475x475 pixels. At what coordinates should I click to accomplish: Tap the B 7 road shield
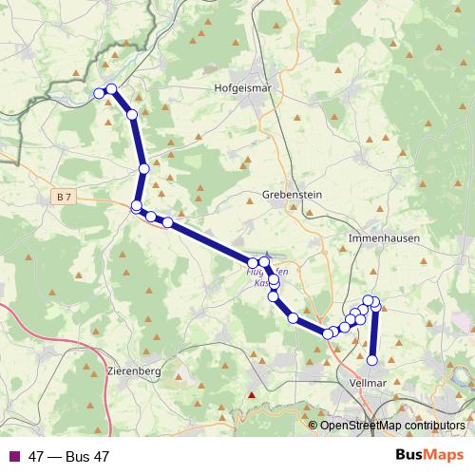click(x=64, y=197)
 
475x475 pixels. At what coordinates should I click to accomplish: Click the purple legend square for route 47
click(x=14, y=456)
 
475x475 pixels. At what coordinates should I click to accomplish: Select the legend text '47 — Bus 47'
click(x=68, y=456)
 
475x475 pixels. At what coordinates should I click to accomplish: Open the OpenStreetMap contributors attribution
click(x=391, y=426)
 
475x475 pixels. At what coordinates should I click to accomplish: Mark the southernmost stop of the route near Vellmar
click(x=372, y=360)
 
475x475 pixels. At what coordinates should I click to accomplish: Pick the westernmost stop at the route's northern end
click(x=99, y=93)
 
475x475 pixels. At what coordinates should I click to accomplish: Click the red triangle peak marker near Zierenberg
click(x=252, y=394)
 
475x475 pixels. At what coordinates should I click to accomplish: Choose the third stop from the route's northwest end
click(x=132, y=115)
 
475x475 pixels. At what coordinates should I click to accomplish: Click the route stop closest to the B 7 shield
click(x=136, y=205)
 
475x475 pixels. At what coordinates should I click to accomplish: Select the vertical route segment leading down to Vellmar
click(x=373, y=332)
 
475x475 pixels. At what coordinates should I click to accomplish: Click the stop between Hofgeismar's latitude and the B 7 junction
click(x=143, y=168)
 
